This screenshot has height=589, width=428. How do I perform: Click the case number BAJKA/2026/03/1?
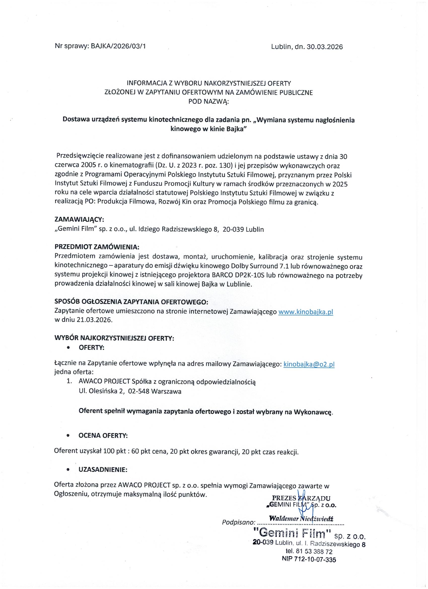(118, 47)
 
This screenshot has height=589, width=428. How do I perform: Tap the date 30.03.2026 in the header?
(325, 47)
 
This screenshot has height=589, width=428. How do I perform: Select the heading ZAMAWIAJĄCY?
(79, 219)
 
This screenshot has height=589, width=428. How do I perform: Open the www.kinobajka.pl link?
(305, 312)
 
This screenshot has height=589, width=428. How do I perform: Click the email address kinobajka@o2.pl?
(309, 365)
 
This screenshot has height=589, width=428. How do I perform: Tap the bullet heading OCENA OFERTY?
(103, 436)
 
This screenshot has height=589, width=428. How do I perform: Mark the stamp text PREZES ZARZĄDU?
(301, 498)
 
